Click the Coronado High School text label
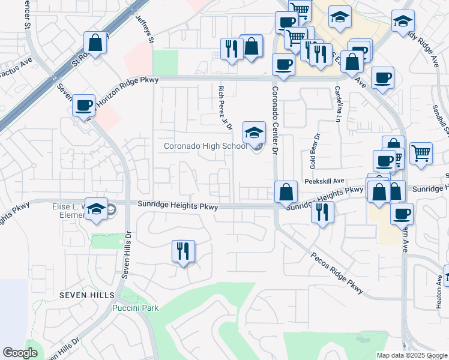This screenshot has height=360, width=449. coord(205,146)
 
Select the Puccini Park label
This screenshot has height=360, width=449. coord(136,308)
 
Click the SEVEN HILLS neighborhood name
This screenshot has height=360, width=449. coord(86,296)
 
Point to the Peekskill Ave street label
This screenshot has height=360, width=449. coord(324,181)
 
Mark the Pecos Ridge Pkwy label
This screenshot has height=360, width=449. coord(337,272)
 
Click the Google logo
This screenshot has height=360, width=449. coord(20,353)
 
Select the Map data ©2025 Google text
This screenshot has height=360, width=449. coord(412,355)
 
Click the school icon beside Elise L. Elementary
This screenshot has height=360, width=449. coord(96,209)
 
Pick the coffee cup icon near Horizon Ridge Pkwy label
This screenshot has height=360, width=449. coord(84,106)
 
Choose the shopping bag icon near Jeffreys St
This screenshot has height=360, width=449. coord(95,43)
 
